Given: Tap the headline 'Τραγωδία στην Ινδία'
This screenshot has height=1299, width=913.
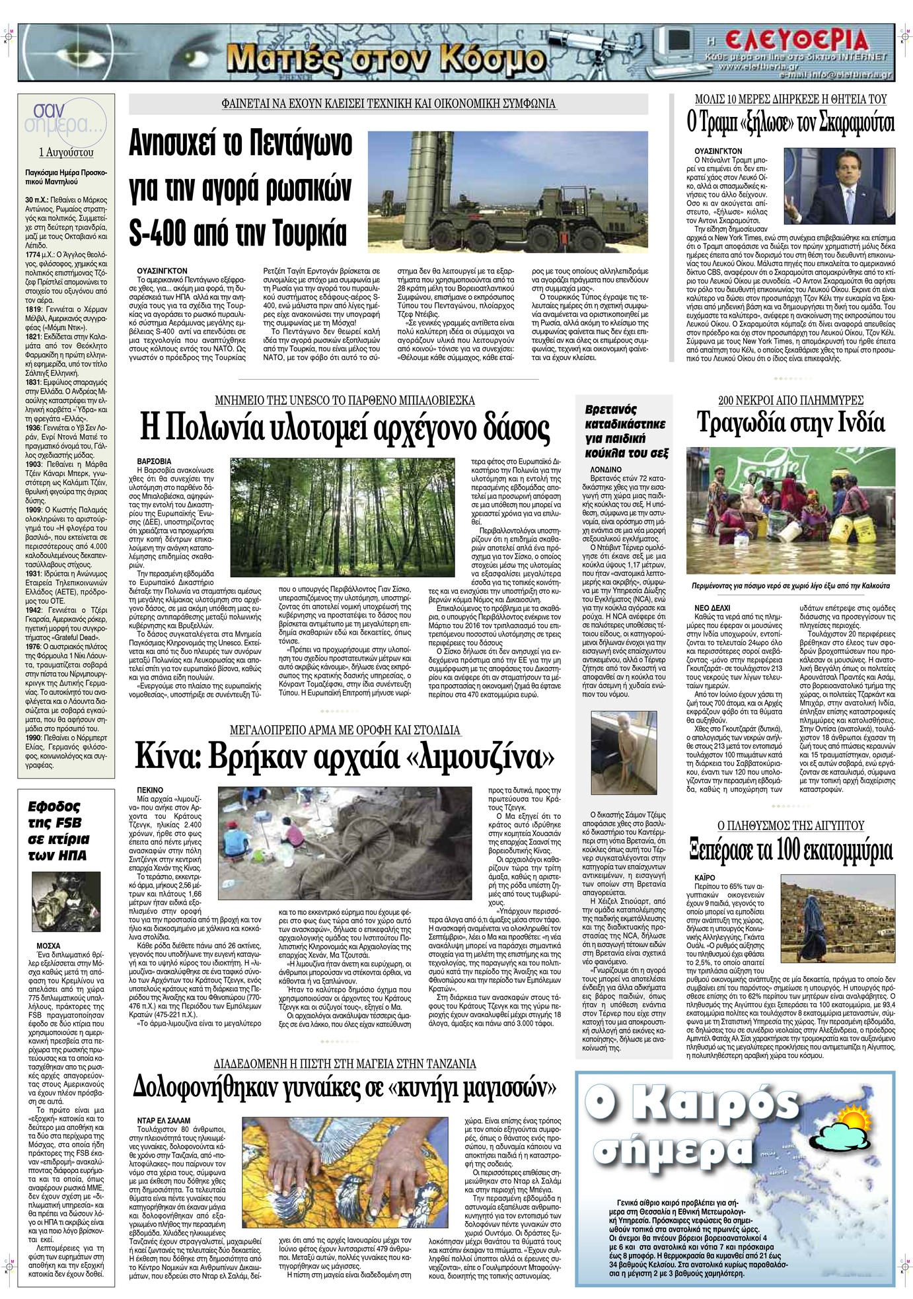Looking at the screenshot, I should [x=790, y=423].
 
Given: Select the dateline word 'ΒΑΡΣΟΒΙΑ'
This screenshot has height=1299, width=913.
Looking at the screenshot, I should [x=153, y=460].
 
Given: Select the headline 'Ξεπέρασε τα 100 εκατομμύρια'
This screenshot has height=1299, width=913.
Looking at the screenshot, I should [x=790, y=851].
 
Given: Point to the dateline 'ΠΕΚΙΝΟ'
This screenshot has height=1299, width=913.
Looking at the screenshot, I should [x=150, y=789].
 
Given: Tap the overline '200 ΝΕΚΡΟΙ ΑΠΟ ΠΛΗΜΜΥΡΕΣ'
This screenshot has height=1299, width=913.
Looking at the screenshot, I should [x=790, y=400].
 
